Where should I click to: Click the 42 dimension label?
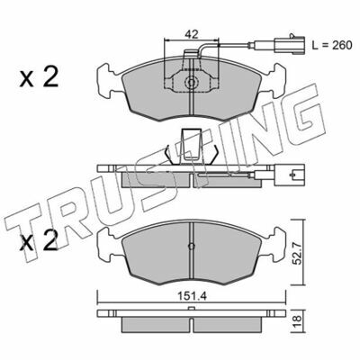pyautogui.click(x=192, y=34)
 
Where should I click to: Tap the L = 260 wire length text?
pyautogui.click(x=332, y=45)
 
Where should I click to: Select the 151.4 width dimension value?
pyautogui.click(x=192, y=297)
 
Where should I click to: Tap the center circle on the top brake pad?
pyautogui.click(x=191, y=82)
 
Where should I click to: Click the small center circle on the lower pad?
pyautogui.click(x=192, y=246)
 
